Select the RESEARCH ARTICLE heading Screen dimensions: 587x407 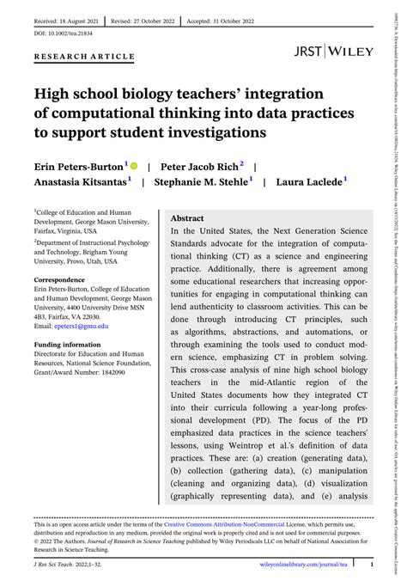84,57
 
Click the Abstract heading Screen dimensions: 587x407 187,218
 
